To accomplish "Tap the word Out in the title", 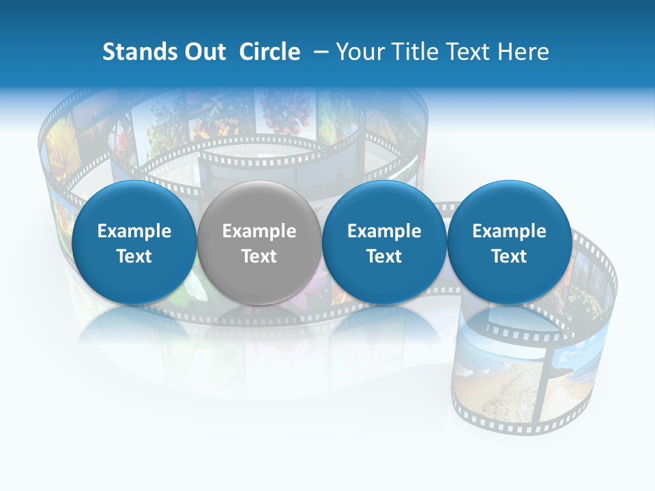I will coord(204,52).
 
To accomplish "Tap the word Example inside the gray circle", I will coord(259,231).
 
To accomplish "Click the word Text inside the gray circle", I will coord(259,256).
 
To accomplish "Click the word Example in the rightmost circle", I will coord(509,231).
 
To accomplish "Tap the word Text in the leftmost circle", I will coord(134,256).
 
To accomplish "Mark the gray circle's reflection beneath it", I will coord(259,334).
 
